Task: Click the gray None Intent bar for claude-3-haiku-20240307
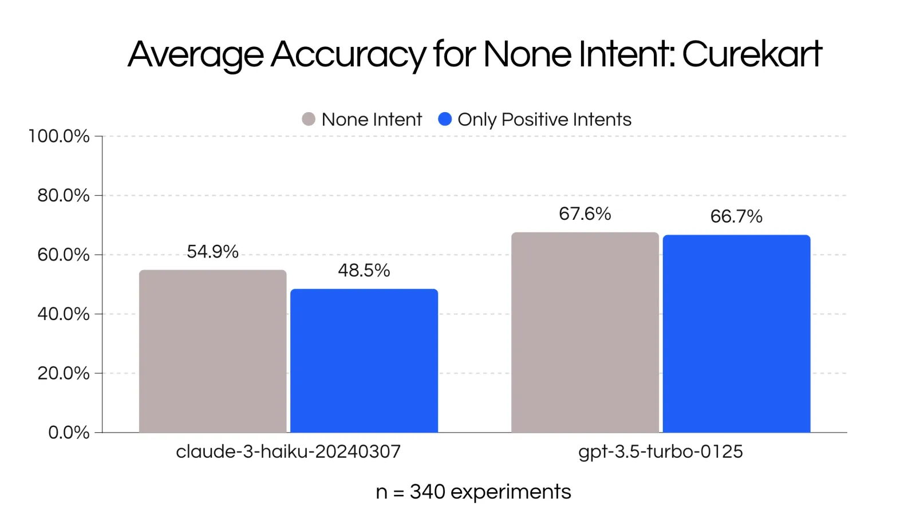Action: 212,351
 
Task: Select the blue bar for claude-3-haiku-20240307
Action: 364,361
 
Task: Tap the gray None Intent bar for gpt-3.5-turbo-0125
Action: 585,332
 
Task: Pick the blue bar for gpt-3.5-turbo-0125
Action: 736,334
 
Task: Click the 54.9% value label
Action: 212,251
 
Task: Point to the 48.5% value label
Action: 364,270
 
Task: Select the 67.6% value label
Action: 585,214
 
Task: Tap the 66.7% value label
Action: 736,216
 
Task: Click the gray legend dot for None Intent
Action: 309,119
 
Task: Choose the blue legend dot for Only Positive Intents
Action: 445,119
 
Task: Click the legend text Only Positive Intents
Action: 544,120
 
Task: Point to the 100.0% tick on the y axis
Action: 59,136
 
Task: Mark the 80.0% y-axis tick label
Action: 64,195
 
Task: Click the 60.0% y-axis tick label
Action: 64,255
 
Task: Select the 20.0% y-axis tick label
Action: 64,373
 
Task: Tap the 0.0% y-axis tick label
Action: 69,433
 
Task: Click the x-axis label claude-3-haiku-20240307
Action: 289,452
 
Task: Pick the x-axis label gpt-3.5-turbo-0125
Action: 661,452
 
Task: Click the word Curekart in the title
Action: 752,54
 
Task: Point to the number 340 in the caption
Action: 427,492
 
